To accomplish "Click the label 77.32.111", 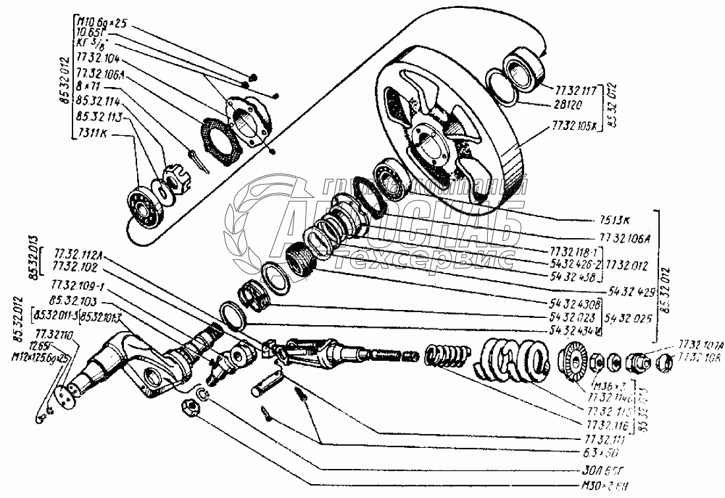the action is [600, 438].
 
